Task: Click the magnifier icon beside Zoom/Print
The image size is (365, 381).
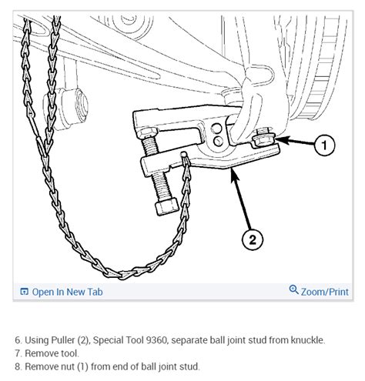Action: (293, 291)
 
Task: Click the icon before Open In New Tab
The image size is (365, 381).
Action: (24, 292)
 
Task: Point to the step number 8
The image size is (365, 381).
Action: (17, 366)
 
